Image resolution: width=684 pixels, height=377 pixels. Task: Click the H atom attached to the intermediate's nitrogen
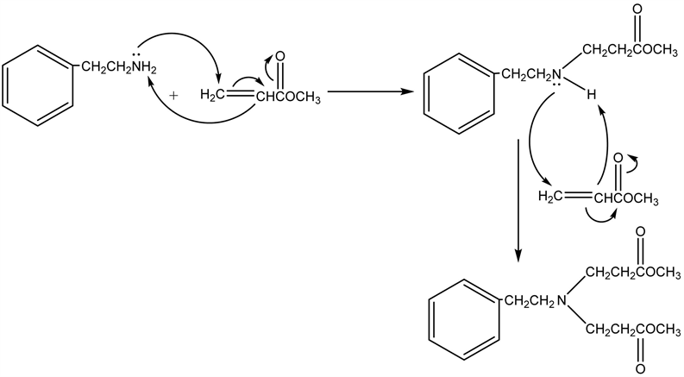tap(592, 96)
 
